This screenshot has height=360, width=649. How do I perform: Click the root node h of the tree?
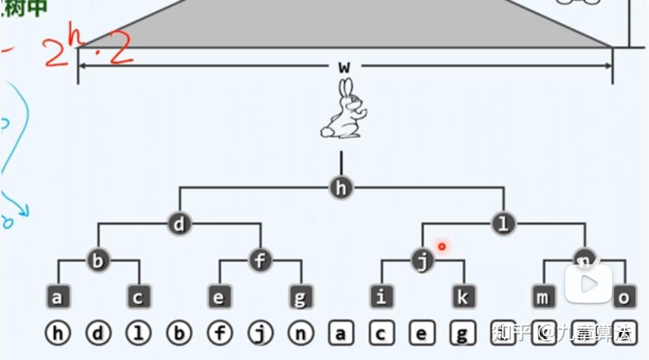[x=341, y=188]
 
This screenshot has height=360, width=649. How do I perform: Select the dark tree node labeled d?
[x=179, y=224]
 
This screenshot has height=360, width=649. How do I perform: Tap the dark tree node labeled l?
[x=503, y=224]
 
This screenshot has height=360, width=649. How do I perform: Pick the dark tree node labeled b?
[x=98, y=261]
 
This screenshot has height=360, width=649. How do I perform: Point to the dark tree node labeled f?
[x=260, y=261]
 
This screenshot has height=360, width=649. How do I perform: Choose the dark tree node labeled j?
[x=423, y=261]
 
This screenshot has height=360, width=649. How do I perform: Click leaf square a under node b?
[x=57, y=297]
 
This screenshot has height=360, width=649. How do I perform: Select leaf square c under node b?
[x=139, y=297]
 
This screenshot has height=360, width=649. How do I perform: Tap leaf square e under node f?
[x=219, y=297]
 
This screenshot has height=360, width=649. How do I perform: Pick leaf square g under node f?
[x=301, y=297]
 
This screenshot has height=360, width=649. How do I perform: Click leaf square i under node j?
[x=381, y=297]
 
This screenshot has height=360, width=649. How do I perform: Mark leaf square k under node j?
[x=463, y=297]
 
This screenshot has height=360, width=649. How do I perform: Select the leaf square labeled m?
[x=543, y=297]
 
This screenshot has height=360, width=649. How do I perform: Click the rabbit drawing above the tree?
[x=344, y=110]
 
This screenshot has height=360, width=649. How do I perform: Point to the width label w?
[x=343, y=67]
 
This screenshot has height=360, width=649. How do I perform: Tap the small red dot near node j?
[x=442, y=246]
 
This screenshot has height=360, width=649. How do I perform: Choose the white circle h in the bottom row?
[x=57, y=333]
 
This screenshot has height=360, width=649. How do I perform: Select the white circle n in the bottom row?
[x=301, y=333]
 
